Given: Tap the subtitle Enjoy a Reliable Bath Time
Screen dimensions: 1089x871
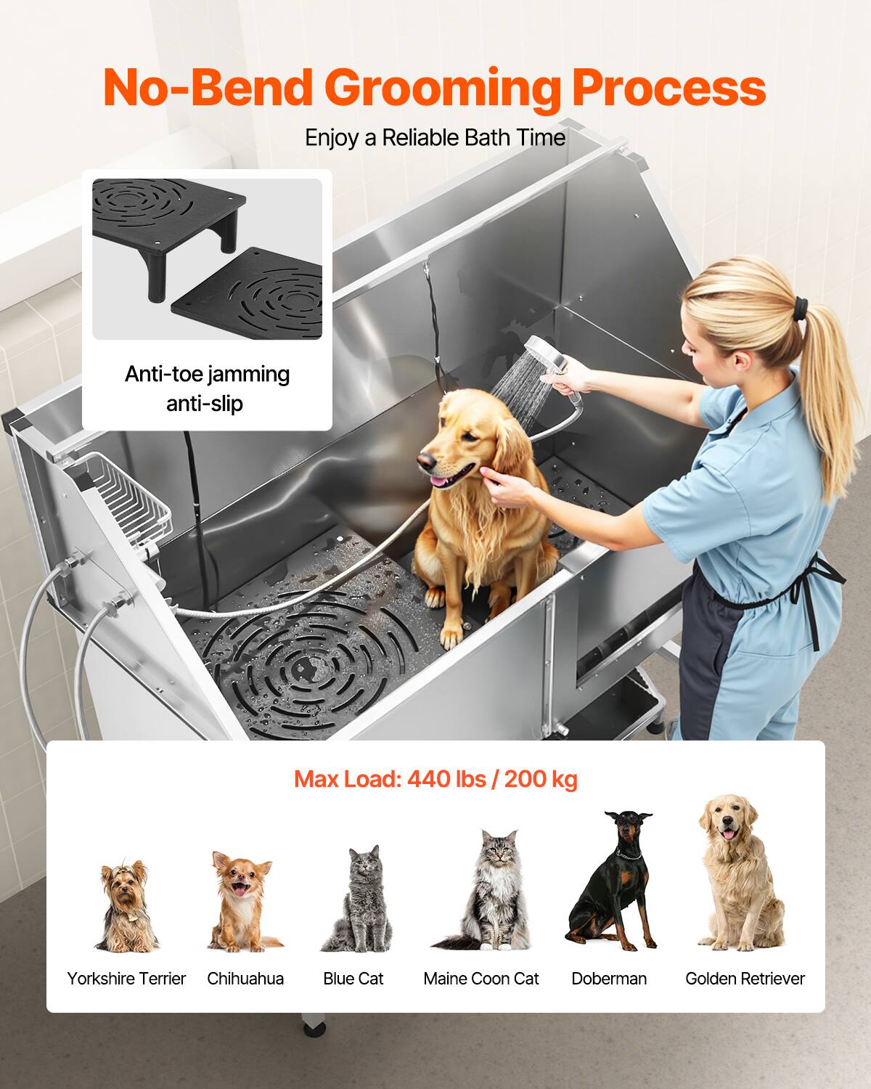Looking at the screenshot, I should pos(435,137).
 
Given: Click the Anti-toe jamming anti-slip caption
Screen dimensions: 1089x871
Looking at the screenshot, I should pos(207,388).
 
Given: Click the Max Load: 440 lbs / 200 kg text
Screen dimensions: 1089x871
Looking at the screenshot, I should pos(435,779).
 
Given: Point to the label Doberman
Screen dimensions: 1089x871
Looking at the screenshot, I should pos(609,979).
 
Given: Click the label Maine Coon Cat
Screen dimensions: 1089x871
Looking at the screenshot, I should pos(481,979).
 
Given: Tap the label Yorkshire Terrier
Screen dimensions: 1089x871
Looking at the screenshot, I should pos(126,979).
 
